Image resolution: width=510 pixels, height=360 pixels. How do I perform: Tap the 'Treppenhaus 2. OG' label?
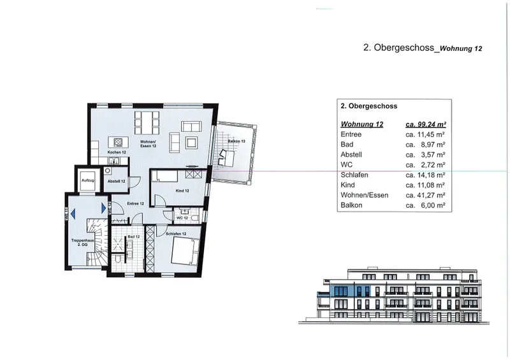point(84,242)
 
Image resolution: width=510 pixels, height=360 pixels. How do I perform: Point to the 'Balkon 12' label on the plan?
point(238,140)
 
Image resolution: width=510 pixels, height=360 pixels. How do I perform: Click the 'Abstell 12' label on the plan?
point(116,182)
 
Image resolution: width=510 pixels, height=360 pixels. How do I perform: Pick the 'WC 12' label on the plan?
point(180,217)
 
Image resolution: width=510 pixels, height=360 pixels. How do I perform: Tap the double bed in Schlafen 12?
point(186,251)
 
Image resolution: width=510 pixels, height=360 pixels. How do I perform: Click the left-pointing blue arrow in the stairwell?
point(73,215)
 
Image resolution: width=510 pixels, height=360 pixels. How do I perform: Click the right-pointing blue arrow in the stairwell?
point(101,208)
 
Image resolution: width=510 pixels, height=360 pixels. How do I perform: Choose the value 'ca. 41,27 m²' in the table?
point(425,194)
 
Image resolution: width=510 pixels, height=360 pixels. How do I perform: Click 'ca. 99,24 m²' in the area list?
point(425,124)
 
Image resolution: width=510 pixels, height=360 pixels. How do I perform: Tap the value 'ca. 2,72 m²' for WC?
point(425,164)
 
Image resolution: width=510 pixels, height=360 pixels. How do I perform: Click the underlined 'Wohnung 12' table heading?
point(362,124)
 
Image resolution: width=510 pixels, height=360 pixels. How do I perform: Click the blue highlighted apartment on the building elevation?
point(354,291)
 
